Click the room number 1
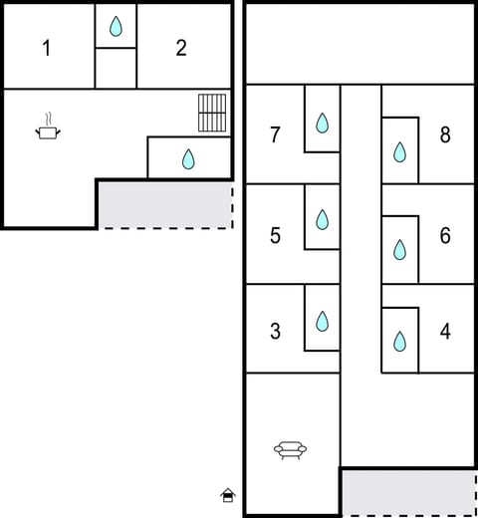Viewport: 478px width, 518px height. [46, 48]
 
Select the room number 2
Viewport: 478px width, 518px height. [180, 48]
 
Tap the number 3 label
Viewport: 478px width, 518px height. [275, 332]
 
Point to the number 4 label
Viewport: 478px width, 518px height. [445, 332]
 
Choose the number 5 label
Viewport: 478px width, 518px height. [275, 236]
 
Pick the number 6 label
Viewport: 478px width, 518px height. [445, 236]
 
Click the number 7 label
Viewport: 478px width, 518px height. [275, 135]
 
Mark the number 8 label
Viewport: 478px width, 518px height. [445, 135]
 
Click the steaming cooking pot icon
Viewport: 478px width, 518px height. [47, 127]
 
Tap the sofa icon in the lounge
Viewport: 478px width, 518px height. [290, 450]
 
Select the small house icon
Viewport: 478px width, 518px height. [228, 494]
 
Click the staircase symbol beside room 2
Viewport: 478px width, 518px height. [212, 113]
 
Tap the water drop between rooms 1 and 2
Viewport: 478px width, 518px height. [116, 27]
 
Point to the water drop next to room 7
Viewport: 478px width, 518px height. [322, 123]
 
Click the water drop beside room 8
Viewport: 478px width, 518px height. [399, 151]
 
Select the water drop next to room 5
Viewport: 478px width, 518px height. [322, 219]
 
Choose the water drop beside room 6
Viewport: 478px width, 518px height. [399, 249]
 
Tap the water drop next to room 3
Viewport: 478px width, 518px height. [322, 321]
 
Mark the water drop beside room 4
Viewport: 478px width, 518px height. [399, 342]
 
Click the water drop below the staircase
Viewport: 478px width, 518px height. [188, 158]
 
